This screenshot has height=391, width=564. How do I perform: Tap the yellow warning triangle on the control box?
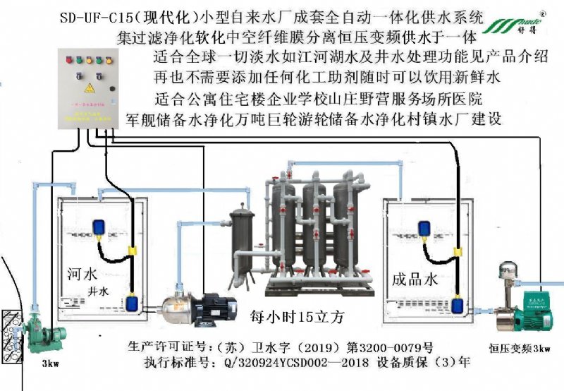[x=89, y=88]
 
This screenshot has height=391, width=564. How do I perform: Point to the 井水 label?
[x=98, y=291]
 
